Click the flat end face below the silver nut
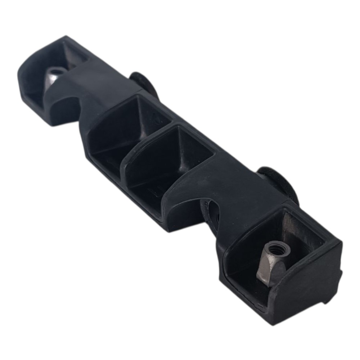pos(306,295)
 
